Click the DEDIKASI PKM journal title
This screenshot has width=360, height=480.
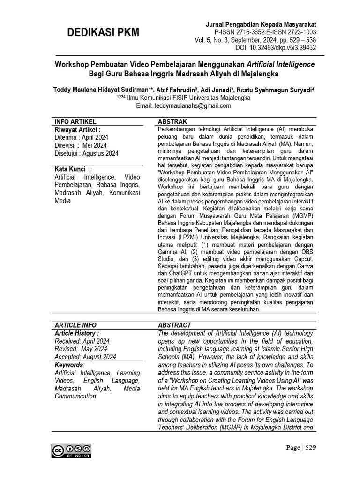pos(103,32)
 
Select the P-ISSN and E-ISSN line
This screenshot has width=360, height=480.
pos(265,32)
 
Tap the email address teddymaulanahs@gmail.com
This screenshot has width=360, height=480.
pos(184,106)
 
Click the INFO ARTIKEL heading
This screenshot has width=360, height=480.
pos(75,121)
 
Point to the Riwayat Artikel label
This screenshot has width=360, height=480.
pos(78,130)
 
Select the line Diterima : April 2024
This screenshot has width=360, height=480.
pos(82,137)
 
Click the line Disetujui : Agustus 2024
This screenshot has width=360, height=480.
pos(87,153)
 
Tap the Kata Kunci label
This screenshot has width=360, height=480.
pos(73,169)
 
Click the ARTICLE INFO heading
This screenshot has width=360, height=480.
pos(75,325)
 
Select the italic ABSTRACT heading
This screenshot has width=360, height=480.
pos(174,325)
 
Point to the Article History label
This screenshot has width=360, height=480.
pos(77,333)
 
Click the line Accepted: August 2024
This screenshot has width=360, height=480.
pos(85,357)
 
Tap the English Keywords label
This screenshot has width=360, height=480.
pos(69,365)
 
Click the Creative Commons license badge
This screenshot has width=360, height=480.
pos(72,450)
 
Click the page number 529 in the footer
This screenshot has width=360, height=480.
pos(311,448)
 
